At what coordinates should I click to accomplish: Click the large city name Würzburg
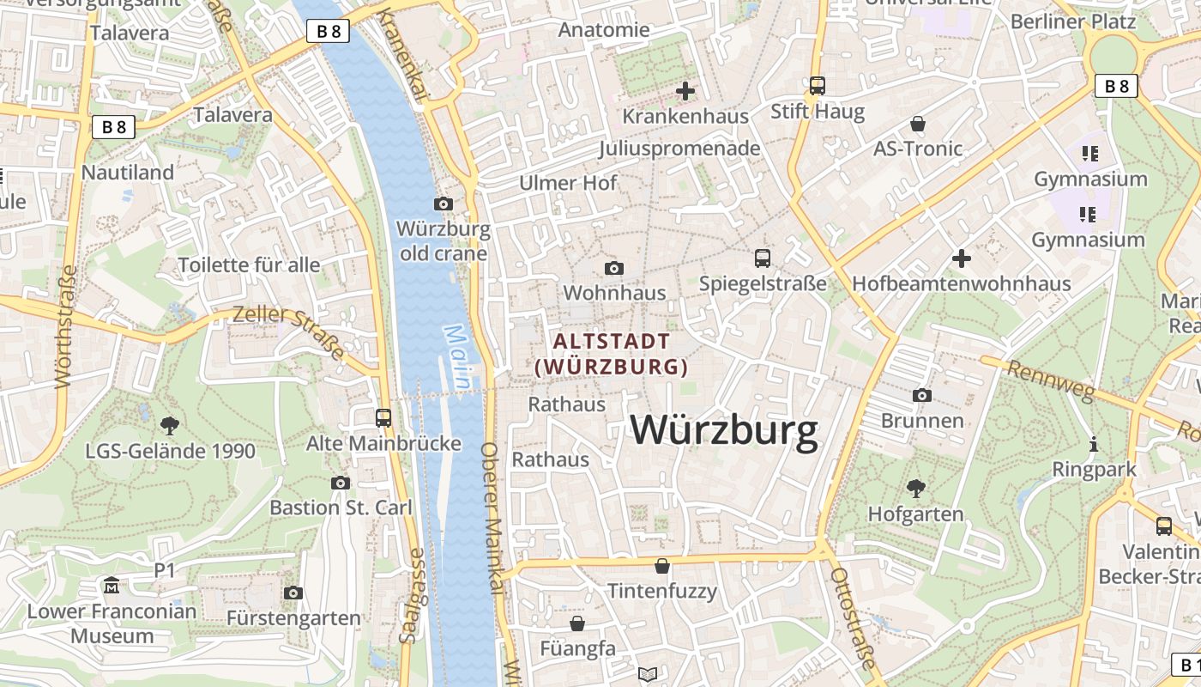click(x=725, y=430)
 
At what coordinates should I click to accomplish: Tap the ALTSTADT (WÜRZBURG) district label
click(x=611, y=354)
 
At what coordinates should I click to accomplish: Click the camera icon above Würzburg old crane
click(x=444, y=204)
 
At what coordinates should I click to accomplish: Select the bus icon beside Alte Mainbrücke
click(x=383, y=418)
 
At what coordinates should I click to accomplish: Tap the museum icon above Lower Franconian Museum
click(x=112, y=587)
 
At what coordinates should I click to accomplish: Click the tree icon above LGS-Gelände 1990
click(x=170, y=424)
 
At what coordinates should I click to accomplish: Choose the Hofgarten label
click(x=915, y=514)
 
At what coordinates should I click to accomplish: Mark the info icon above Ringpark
click(x=1094, y=444)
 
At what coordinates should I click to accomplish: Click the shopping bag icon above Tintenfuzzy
click(x=662, y=566)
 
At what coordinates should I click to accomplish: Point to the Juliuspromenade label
click(x=679, y=149)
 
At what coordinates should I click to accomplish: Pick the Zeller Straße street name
click(x=288, y=331)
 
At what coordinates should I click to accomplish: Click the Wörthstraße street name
click(x=65, y=326)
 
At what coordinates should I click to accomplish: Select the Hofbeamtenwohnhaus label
click(x=961, y=283)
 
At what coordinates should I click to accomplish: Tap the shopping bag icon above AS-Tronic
click(x=918, y=124)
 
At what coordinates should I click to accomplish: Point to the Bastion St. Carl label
click(x=341, y=508)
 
